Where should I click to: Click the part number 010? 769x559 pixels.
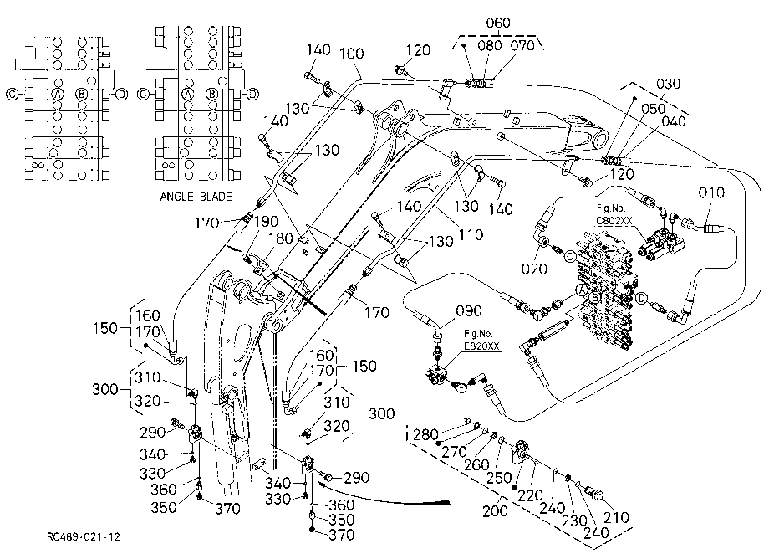pyautogui.click(x=711, y=192)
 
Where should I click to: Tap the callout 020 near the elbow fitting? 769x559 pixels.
pyautogui.click(x=533, y=269)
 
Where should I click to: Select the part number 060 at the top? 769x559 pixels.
pyautogui.click(x=498, y=23)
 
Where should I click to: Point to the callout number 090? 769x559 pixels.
pyautogui.click(x=468, y=310)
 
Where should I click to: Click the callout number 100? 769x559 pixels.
pyautogui.click(x=352, y=53)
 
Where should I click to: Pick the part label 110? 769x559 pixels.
pyautogui.click(x=471, y=234)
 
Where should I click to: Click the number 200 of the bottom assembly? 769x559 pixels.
pyautogui.click(x=495, y=511)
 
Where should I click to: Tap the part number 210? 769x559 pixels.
pyautogui.click(x=616, y=517)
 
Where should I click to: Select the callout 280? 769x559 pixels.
pyautogui.click(x=425, y=434)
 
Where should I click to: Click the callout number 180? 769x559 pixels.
pyautogui.click(x=281, y=238)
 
